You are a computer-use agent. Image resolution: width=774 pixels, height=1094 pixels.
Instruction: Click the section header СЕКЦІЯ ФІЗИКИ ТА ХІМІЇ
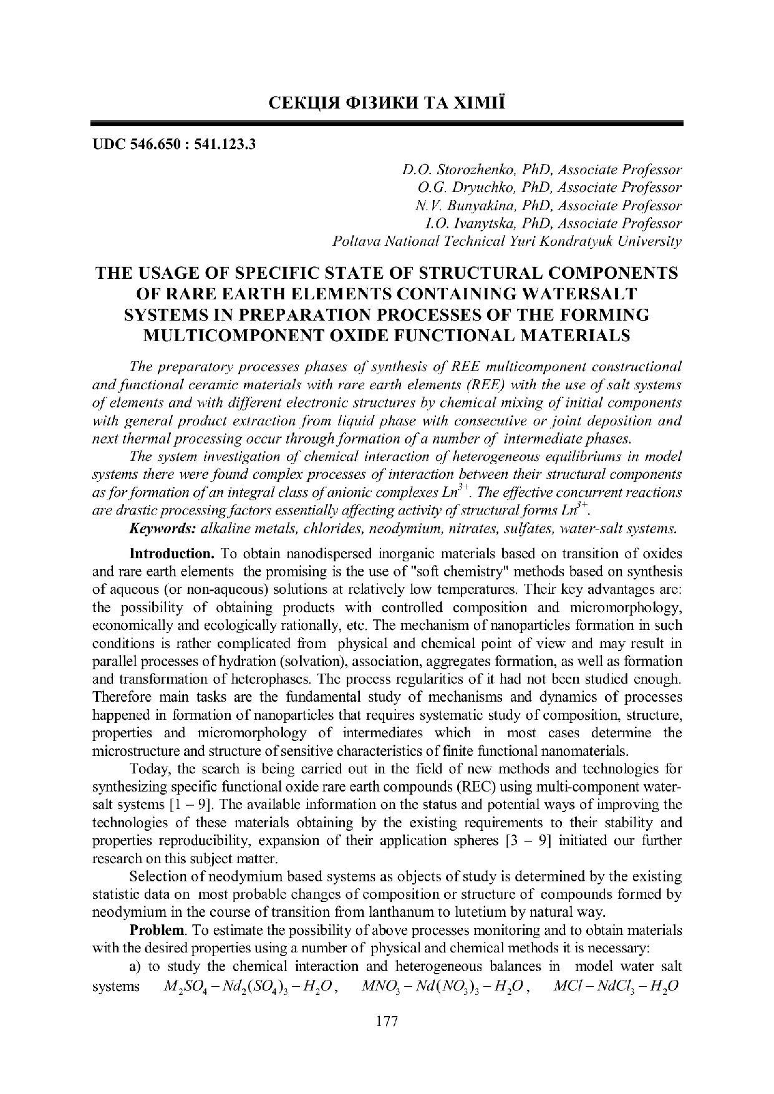click(x=387, y=100)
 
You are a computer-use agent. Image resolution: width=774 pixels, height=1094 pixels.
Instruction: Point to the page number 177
click(x=387, y=1020)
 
